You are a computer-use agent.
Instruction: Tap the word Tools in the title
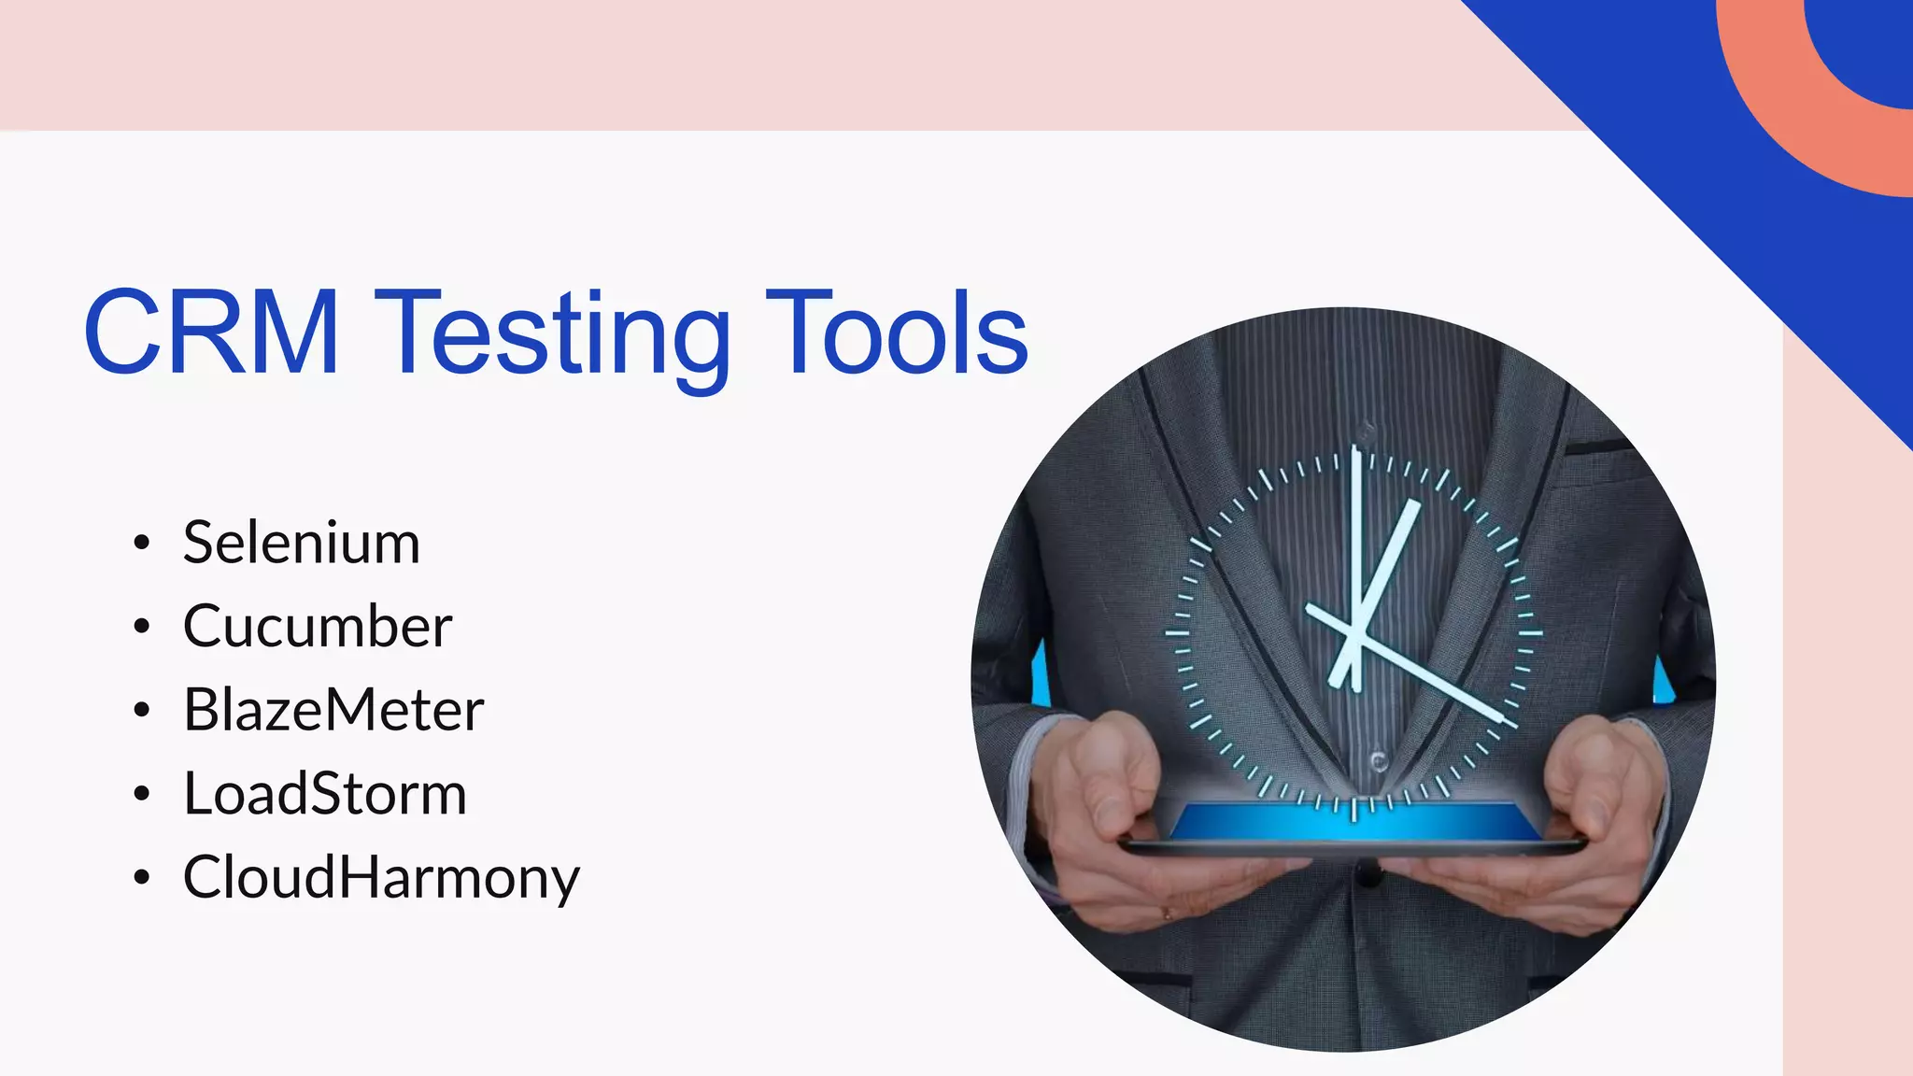click(x=897, y=333)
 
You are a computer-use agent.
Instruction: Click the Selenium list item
click(x=301, y=543)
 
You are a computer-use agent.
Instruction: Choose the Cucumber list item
click(x=318, y=626)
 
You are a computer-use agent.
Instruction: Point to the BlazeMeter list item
click(x=333, y=710)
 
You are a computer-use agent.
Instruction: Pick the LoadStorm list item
click(x=324, y=794)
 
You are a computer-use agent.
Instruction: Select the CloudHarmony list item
click(x=381, y=878)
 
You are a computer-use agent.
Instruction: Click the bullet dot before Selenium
click(x=141, y=543)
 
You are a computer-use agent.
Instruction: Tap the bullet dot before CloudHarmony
click(x=141, y=878)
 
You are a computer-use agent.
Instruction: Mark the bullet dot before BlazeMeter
click(x=141, y=710)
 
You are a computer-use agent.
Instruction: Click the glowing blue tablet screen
click(x=1354, y=823)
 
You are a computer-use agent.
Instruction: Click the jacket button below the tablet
click(x=1368, y=876)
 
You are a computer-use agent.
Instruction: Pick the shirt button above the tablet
click(x=1378, y=761)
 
